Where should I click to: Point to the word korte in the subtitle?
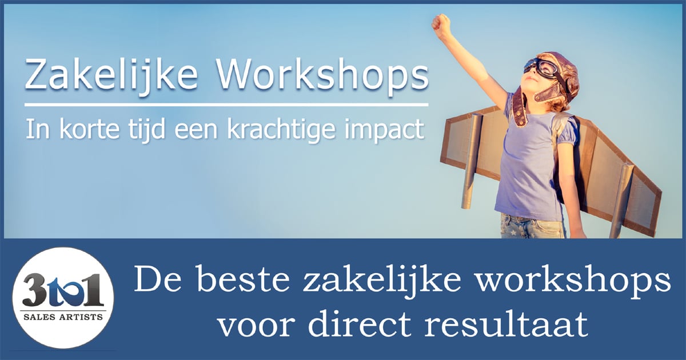(89, 130)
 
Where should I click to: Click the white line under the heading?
(226, 105)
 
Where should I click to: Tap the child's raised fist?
(441, 23)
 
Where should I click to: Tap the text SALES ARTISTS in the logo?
(63, 317)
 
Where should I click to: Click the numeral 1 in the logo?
(93, 290)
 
